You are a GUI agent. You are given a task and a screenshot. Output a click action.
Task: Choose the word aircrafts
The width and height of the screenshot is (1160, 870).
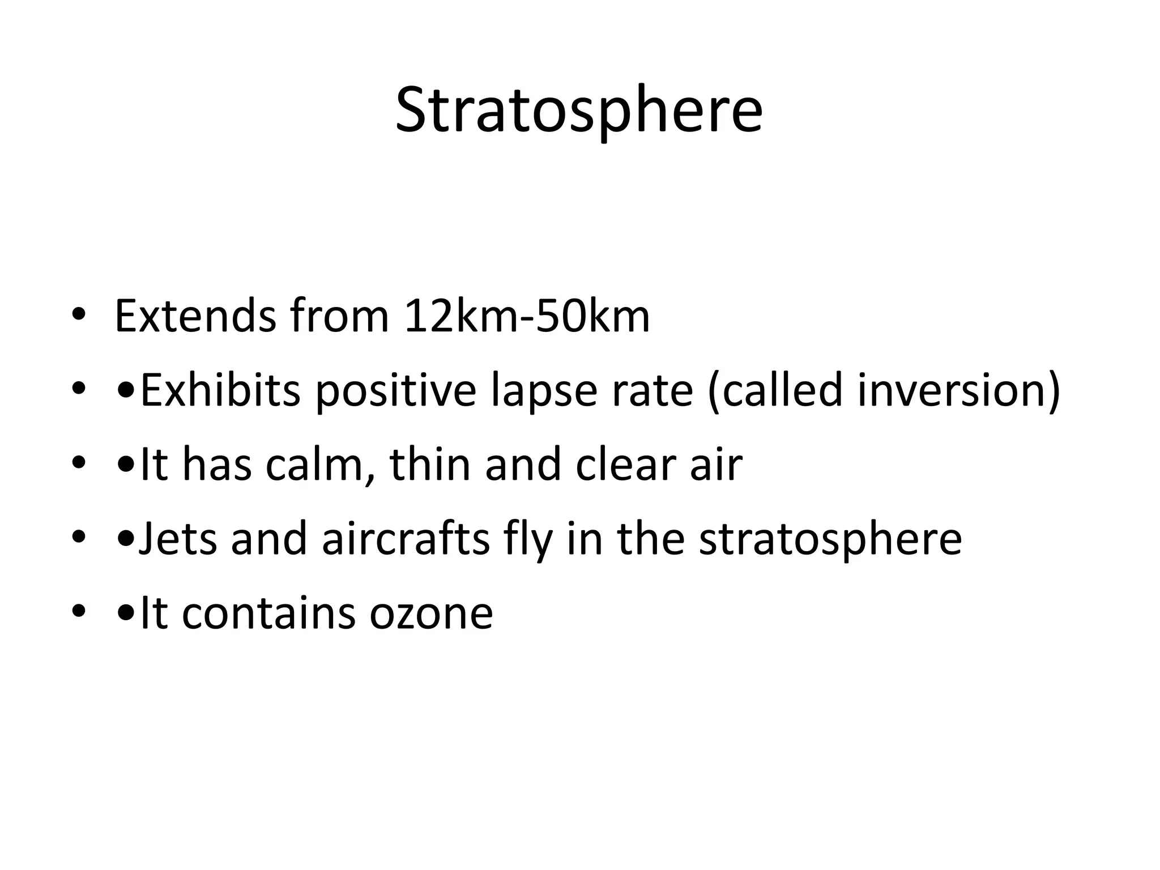tap(406, 539)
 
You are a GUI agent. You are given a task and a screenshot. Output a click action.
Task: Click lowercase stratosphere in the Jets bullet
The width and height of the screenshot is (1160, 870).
tap(830, 540)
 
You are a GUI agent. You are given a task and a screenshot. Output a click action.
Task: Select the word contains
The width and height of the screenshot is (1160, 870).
tap(269, 613)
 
